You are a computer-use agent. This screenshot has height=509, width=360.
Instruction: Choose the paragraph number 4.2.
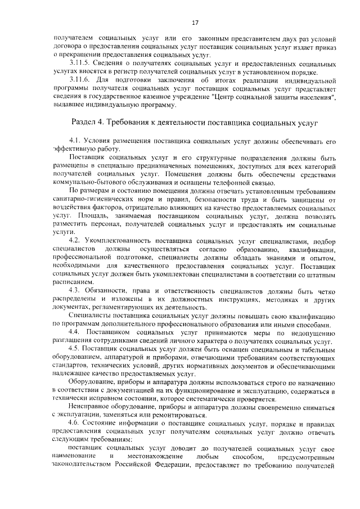click(x=75, y=241)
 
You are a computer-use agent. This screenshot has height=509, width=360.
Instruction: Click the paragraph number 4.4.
click(x=75, y=334)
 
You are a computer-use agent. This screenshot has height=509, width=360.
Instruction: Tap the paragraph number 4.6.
click(x=75, y=422)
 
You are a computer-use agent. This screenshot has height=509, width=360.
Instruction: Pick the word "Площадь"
click(x=86, y=215)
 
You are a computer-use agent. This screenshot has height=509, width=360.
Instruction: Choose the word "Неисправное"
click(x=90, y=405)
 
